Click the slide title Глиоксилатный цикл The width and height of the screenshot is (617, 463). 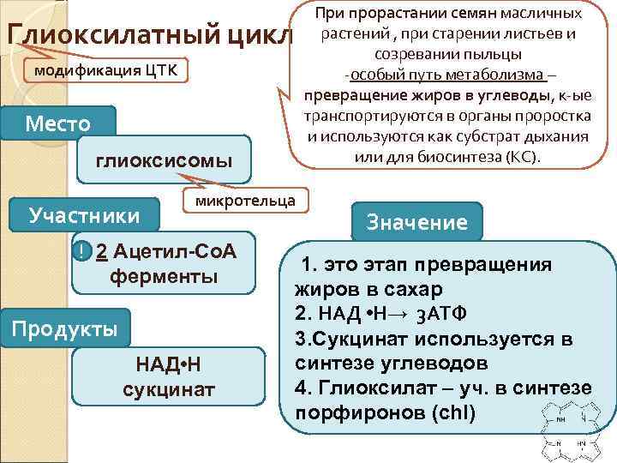(x=150, y=36)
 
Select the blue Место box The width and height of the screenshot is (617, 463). (x=58, y=123)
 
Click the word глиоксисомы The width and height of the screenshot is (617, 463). (x=164, y=159)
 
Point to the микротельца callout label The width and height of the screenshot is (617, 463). (x=246, y=201)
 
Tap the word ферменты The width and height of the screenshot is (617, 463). (x=164, y=276)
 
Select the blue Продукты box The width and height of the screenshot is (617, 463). (x=65, y=329)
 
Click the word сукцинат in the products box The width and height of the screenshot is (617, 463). (x=169, y=390)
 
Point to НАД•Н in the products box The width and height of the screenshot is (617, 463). (x=169, y=366)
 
